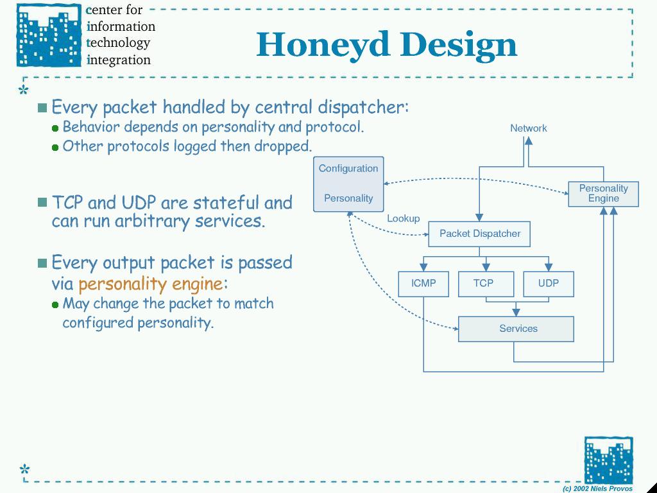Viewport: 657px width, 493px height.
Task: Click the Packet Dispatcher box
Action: click(x=479, y=234)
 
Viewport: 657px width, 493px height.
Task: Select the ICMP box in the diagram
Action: click(x=423, y=284)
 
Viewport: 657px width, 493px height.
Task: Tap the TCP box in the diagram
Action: click(x=485, y=284)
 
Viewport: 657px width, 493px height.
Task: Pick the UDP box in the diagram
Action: click(x=548, y=284)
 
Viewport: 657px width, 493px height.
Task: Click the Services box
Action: click(x=516, y=329)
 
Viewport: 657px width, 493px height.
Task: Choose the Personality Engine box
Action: click(x=603, y=193)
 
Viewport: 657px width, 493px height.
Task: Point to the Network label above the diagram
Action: click(x=529, y=128)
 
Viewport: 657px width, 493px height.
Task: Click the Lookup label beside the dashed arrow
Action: click(x=403, y=218)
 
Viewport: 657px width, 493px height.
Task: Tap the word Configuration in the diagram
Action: click(x=348, y=168)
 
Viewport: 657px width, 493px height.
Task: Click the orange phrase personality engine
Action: click(x=151, y=284)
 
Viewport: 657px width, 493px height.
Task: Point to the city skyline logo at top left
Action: click(x=49, y=35)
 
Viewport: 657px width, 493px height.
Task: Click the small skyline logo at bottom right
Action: click(x=608, y=460)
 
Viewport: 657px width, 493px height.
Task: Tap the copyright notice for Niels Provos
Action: click(x=597, y=489)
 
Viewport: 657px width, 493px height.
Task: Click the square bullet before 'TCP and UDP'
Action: click(x=42, y=202)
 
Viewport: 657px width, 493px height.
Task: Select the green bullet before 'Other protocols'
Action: click(x=55, y=148)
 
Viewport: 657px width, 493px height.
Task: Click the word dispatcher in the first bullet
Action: click(x=363, y=107)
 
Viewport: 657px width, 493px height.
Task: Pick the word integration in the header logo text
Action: click(x=119, y=60)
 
